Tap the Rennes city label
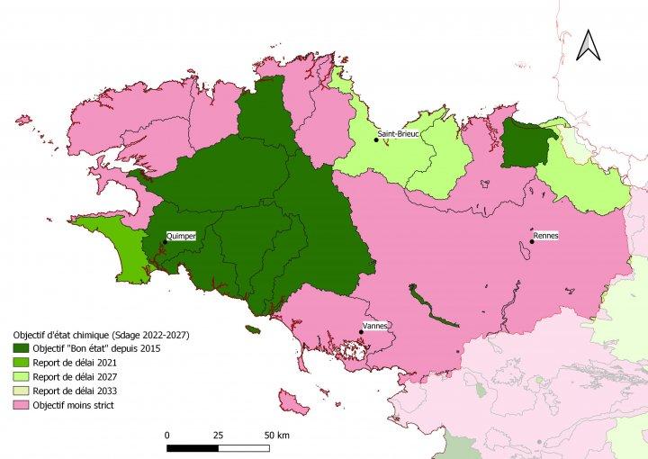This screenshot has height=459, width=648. pyautogui.click(x=545, y=236)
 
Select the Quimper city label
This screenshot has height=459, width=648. pyautogui.click(x=181, y=236)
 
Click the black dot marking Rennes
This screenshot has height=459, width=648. pyautogui.click(x=532, y=241)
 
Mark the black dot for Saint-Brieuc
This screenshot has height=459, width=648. pyautogui.click(x=376, y=139)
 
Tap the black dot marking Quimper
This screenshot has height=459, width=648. pyautogui.click(x=165, y=241)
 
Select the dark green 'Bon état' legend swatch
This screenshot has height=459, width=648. pyautogui.click(x=19, y=348)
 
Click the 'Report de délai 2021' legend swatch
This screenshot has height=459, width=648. pyautogui.click(x=19, y=363)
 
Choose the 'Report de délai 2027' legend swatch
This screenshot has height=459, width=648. pyautogui.click(x=19, y=377)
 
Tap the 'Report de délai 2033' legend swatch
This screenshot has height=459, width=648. pyautogui.click(x=19, y=391)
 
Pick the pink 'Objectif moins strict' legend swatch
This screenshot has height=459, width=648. pyautogui.click(x=19, y=406)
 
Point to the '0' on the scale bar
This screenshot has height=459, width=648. pyautogui.click(x=167, y=435)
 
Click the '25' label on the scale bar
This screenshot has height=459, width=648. pyautogui.click(x=217, y=435)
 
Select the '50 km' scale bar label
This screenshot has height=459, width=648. pyautogui.click(x=275, y=435)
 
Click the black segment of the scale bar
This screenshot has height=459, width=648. pyautogui.click(x=192, y=447)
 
